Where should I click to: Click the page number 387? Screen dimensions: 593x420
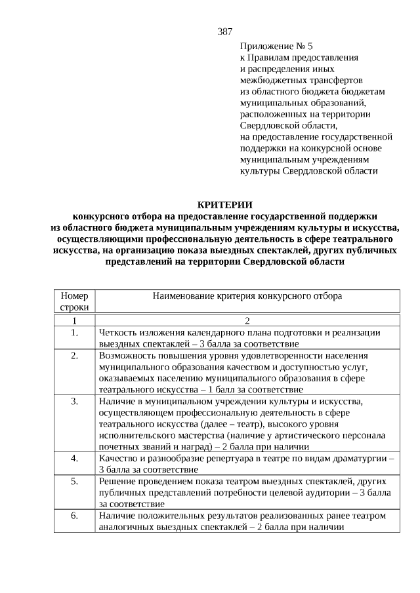pos(224,31)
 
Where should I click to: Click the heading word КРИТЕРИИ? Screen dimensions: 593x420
pos(224,204)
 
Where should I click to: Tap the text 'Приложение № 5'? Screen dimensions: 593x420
pos(278,47)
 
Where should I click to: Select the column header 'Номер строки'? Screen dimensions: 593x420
pos(74,301)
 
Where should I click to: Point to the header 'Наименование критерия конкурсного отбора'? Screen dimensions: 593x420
pos(247,296)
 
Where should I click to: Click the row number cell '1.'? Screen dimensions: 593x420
pos(74,332)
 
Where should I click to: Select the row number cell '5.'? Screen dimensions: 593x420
pos(74,480)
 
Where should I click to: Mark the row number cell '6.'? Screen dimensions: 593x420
pos(74,515)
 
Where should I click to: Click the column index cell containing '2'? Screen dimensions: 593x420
pos(247,320)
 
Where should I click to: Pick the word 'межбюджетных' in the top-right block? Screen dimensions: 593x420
pos(270,80)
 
